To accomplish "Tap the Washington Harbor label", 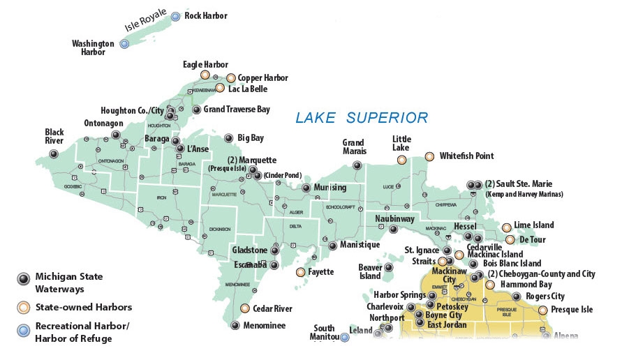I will tap(93, 48).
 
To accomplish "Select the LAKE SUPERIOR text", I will tap(361, 117).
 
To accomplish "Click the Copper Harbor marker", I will tap(231, 78).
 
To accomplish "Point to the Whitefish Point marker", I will tap(429, 156).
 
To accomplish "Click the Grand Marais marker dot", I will tap(357, 166).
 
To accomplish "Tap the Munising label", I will tap(330, 188).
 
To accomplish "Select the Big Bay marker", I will tap(228, 138).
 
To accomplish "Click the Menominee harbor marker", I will tap(235, 326).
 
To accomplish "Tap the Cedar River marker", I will tap(245, 308).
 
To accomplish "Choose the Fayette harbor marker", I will tap(301, 271).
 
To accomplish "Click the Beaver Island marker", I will tap(389, 267).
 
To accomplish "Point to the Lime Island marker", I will tap(506, 227).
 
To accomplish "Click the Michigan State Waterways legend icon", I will tap(22, 278).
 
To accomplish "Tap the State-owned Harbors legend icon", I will tap(22, 306).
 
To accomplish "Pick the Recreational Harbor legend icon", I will tap(22, 328).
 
